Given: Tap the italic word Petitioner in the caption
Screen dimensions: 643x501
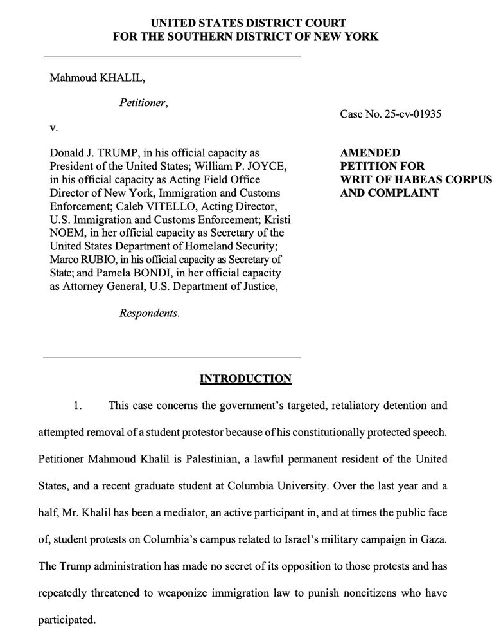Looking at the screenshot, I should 143,102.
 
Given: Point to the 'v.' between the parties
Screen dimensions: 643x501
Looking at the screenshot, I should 54,127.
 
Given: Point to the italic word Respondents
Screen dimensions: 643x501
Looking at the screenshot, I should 149,313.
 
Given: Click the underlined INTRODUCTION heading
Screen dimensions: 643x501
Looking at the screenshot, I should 246,378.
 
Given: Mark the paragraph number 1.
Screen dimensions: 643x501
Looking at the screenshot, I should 76,406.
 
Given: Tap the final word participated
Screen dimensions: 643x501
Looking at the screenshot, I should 67,620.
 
